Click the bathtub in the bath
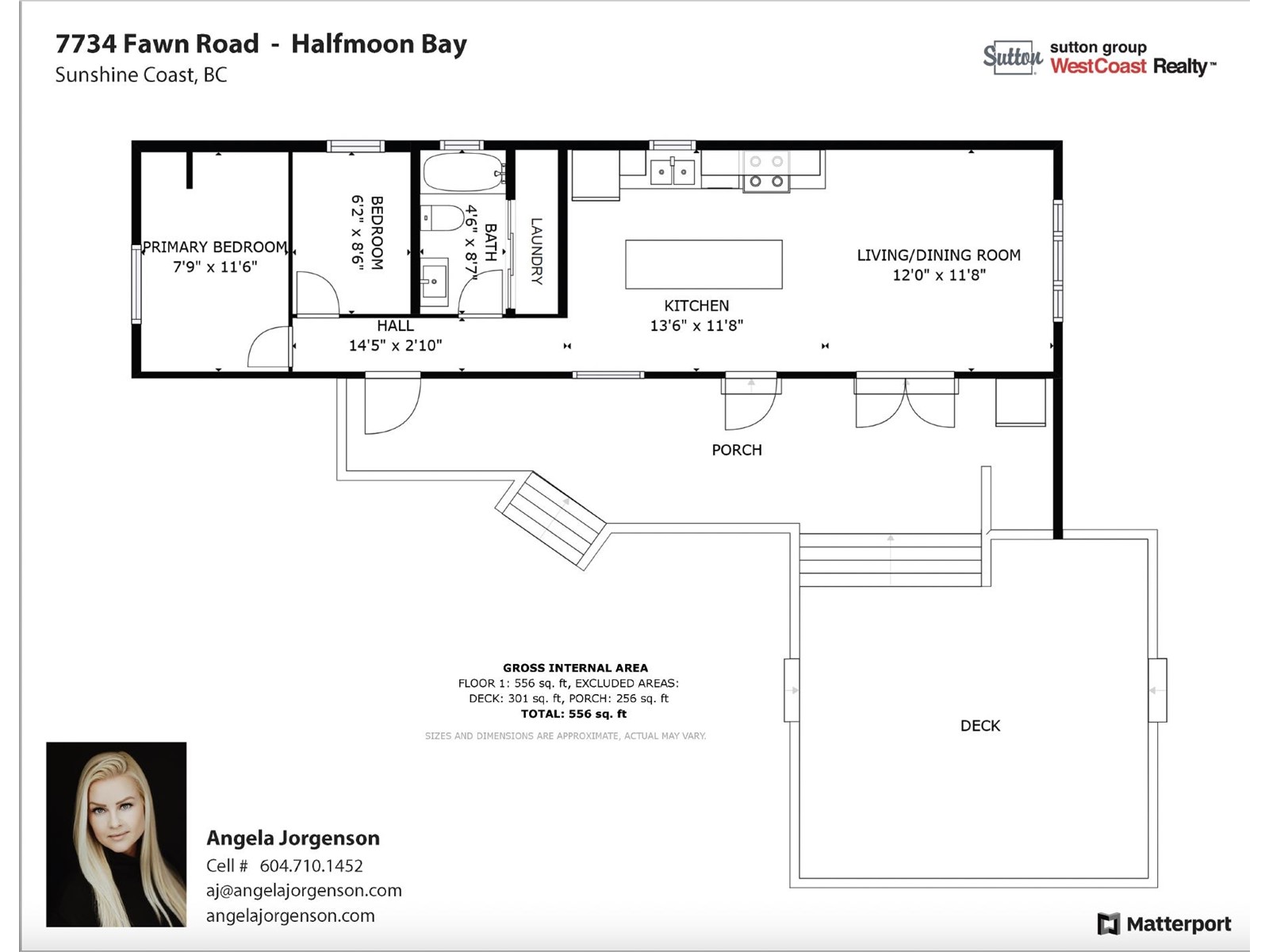click(463, 171)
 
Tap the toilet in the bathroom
click(443, 218)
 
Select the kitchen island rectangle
click(704, 264)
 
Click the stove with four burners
click(766, 171)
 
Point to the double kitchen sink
click(673, 171)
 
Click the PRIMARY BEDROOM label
click(214, 247)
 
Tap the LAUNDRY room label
click(536, 251)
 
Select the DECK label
click(980, 725)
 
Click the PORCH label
click(737, 450)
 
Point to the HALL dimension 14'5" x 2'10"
click(396, 345)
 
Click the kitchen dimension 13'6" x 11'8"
click(696, 325)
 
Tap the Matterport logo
click(1164, 923)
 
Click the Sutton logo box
click(1012, 57)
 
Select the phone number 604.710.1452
click(311, 866)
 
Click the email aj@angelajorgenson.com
click(304, 890)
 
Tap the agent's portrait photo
click(117, 834)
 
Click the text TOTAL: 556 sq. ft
click(573, 714)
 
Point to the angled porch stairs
click(551, 520)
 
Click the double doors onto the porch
click(906, 401)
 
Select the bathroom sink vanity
click(434, 282)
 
